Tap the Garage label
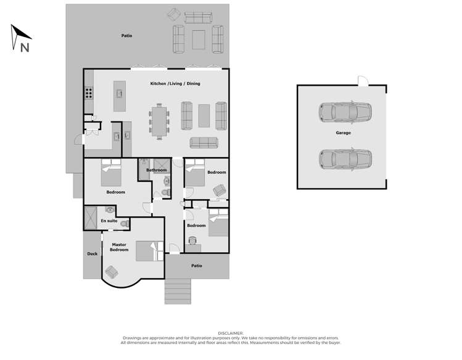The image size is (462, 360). coord(343,133)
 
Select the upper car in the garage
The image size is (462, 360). coord(345,112)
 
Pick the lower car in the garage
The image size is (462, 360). coord(345,158)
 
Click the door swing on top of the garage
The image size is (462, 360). coord(362,81)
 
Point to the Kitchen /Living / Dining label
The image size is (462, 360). coord(175,83)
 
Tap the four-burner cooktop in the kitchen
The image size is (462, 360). coord(89,94)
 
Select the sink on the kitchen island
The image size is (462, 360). coord(120,94)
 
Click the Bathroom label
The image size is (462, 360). coord(157,170)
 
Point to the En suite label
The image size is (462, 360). coord(109,220)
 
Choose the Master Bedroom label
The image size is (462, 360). coord(119,247)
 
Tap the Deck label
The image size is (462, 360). coord(92,253)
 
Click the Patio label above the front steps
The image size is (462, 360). coord(196,266)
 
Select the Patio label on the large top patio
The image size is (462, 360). coord(126,36)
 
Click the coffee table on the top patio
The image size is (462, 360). coord(199,39)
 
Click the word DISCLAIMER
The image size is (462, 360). coord(231,333)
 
